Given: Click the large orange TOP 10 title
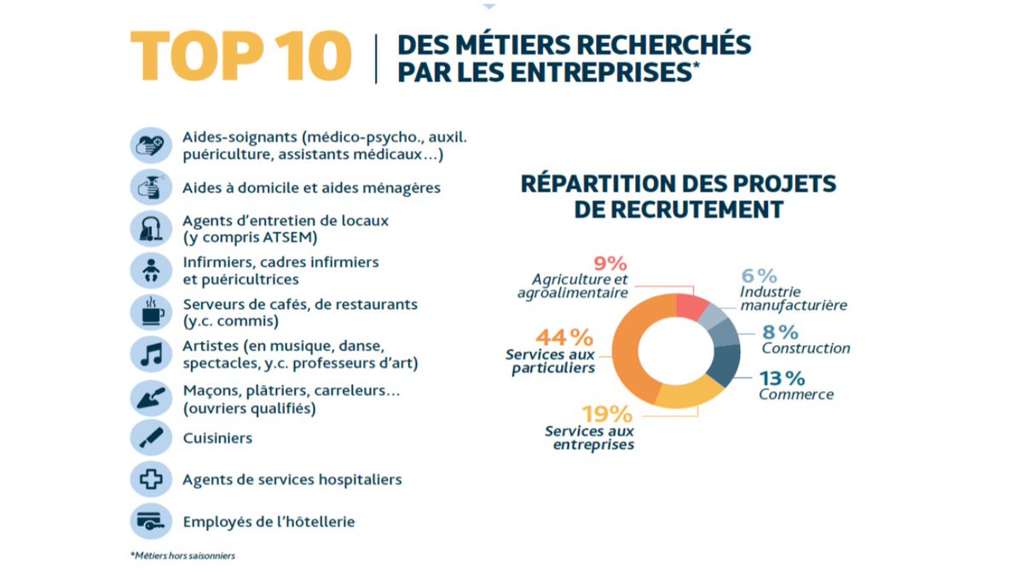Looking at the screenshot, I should (240, 56).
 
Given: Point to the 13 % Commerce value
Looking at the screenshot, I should (782, 377).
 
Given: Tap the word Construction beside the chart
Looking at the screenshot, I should (806, 348).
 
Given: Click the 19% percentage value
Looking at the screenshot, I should (607, 414).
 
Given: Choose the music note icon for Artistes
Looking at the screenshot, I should (151, 354).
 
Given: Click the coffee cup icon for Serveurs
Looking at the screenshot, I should (151, 312).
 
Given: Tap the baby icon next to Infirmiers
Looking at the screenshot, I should (151, 270).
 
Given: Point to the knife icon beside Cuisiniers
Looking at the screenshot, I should (151, 438).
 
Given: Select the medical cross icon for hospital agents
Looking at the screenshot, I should (151, 480).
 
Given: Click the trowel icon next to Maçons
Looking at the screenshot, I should (151, 396).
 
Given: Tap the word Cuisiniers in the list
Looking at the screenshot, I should (217, 438).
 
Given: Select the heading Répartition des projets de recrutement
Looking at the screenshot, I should (678, 196).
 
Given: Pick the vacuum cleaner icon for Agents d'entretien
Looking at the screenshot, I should (151, 227).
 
